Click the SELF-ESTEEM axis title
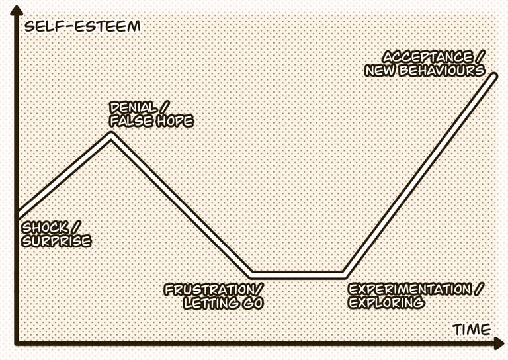pos(82,26)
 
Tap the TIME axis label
pos(472,329)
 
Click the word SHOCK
pos(43,228)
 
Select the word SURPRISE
pos(56,242)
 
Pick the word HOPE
pos(173,122)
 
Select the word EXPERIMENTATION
pos(409,290)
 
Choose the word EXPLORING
pos(386,303)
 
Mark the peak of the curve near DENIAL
pos(111,135)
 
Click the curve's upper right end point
pos(493,76)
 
